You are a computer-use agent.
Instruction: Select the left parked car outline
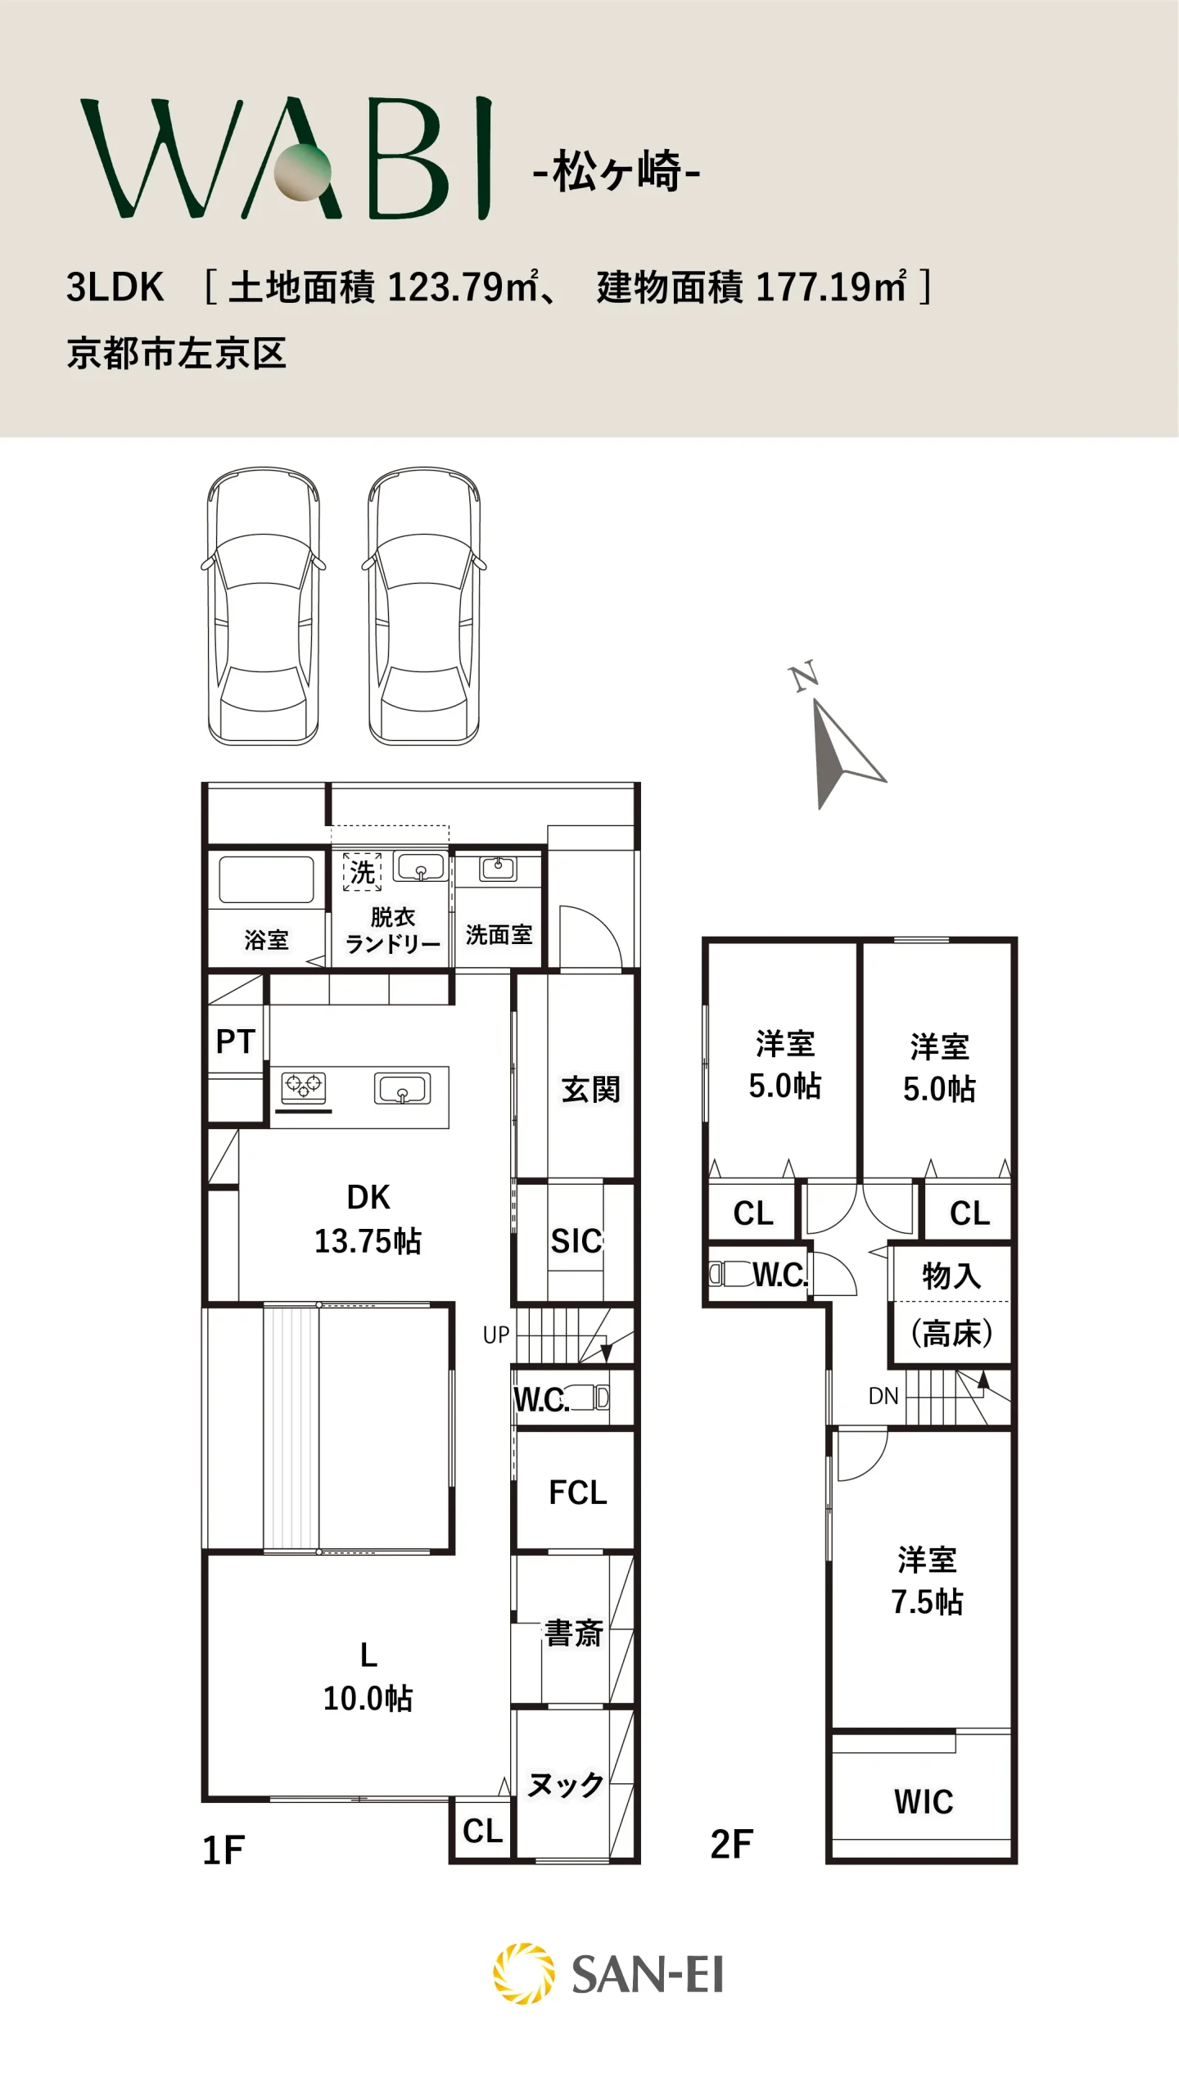(264, 606)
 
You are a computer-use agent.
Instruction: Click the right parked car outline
(424, 606)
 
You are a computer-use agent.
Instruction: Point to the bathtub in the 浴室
(266, 880)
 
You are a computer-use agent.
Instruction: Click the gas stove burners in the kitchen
(304, 1086)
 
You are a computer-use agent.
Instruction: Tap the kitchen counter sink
(403, 1089)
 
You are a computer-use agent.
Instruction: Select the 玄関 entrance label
(591, 1090)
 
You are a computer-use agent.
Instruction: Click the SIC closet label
(576, 1241)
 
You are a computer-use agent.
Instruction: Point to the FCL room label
(578, 1493)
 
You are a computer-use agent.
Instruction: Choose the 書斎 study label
(574, 1633)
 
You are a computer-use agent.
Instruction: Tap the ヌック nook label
(566, 1785)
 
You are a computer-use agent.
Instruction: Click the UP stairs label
(496, 1335)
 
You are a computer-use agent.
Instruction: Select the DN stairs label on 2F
(883, 1396)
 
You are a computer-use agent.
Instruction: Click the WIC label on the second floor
(924, 1802)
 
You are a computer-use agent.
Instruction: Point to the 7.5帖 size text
(927, 1601)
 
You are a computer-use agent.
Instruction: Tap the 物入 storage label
(951, 1275)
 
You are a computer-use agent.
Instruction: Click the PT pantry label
(236, 1041)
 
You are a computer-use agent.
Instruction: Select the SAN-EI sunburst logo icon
(524, 1974)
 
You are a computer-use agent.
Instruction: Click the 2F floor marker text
(732, 1844)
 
